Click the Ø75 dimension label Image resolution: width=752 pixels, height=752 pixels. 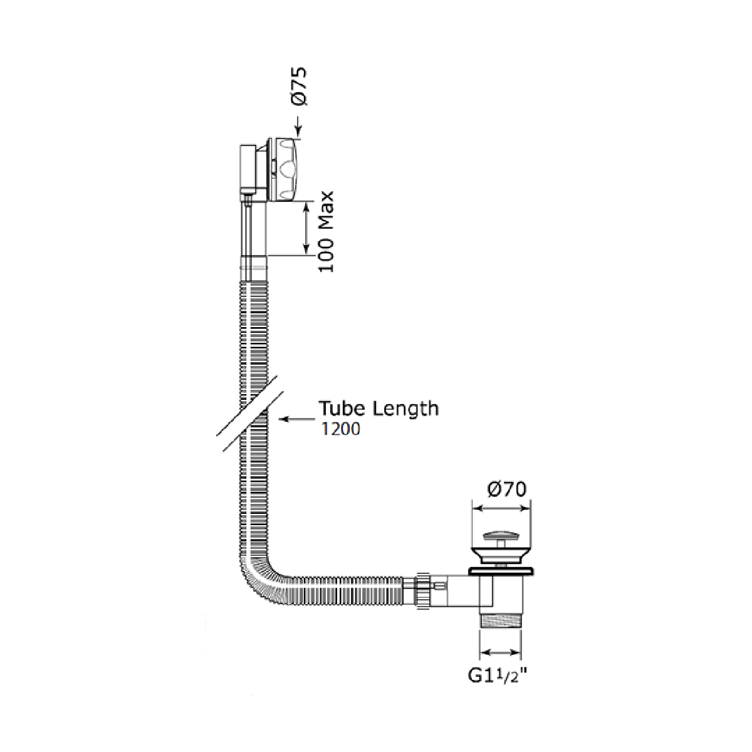298,86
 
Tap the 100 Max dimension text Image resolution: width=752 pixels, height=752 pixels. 326,232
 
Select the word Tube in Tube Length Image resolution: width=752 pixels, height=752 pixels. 342,408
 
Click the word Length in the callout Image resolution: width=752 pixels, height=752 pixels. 405,409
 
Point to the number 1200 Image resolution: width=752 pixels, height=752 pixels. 340,429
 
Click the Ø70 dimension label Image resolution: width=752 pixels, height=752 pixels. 506,489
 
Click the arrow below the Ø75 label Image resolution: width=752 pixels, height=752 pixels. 298,127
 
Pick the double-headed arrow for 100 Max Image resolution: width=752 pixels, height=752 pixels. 306,228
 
